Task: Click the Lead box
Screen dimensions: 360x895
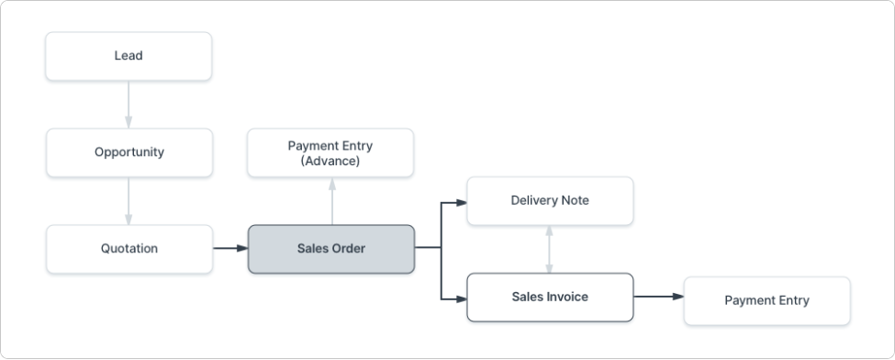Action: [x=129, y=56]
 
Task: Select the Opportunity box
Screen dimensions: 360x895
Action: [x=129, y=152]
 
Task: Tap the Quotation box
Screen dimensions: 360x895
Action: [x=129, y=249]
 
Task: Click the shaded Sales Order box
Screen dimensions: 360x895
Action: [x=330, y=249]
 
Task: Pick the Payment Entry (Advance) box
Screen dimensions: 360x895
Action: [x=330, y=152]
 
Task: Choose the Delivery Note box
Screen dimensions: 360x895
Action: [x=550, y=200]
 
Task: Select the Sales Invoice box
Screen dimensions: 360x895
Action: [x=550, y=297]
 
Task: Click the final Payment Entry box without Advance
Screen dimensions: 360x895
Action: [x=766, y=300]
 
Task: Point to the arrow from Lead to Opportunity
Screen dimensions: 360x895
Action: [x=129, y=104]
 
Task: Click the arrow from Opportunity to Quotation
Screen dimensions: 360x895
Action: [x=129, y=200]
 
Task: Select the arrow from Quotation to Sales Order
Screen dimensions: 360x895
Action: [x=229, y=248]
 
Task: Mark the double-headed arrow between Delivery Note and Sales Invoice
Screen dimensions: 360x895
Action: [x=550, y=249]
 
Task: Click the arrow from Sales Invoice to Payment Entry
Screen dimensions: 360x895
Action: [x=658, y=297]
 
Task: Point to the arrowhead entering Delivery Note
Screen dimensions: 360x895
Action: [x=461, y=201]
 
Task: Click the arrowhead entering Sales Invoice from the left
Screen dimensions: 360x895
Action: [x=461, y=297]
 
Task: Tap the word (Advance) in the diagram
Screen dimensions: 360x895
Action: [x=330, y=162]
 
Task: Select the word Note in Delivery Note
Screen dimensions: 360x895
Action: [x=576, y=200]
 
